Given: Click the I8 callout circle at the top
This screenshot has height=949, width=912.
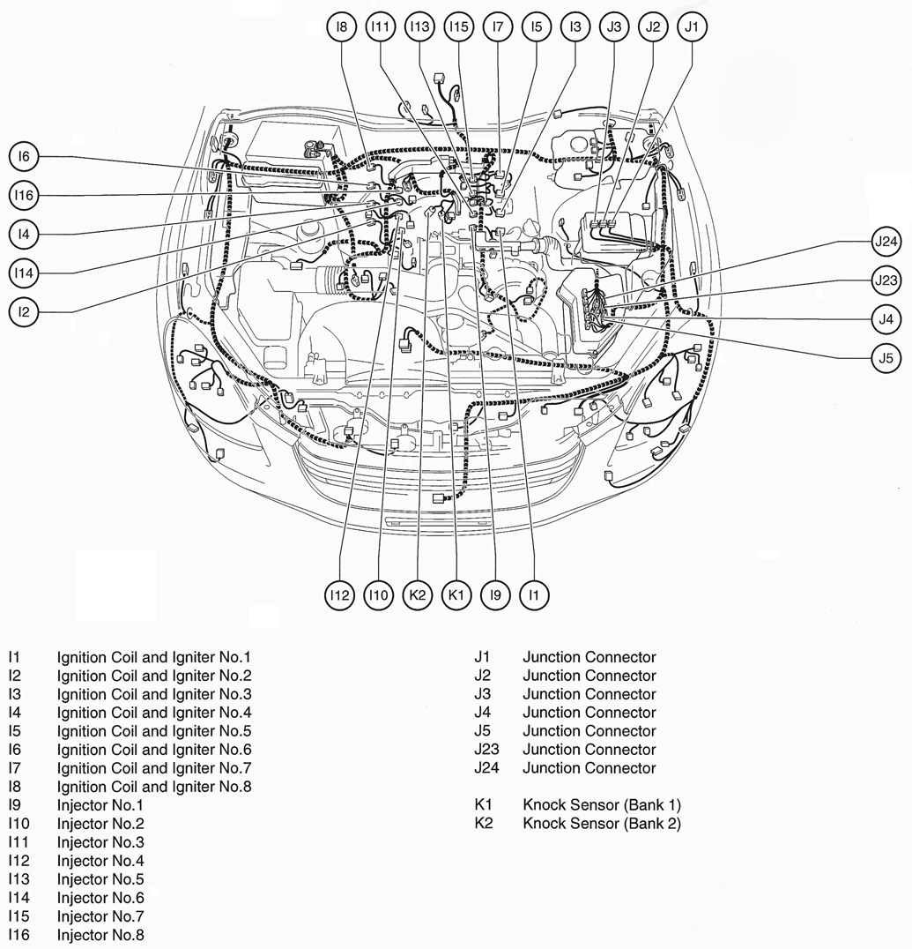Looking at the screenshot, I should coord(341,27).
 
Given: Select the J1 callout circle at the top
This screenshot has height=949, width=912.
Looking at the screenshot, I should coord(692,27).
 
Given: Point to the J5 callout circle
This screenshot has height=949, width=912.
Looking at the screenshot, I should coord(886,357).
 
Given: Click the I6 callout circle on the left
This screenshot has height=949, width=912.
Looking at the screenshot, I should coord(25,157).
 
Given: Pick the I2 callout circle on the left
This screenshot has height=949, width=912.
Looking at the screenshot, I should coord(25,311).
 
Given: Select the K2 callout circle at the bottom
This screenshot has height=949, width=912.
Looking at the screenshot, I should coord(418,595).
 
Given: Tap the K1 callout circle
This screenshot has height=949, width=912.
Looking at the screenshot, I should coord(456,595).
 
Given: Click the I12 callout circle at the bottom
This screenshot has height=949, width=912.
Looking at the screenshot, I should coord(340,595).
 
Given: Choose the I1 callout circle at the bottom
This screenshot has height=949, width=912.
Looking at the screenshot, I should coord(533,595).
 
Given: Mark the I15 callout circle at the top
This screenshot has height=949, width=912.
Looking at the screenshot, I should coord(457,27).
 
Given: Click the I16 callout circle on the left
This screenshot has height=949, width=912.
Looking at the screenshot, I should coord(25,195).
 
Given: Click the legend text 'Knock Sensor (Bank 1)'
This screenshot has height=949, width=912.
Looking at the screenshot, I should coord(601,805).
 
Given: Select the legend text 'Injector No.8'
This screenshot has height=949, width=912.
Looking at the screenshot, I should coord(100,935).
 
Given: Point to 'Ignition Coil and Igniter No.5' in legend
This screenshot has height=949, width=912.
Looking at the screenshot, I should coord(154,731).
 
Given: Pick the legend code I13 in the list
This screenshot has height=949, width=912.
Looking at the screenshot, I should coord(19,879).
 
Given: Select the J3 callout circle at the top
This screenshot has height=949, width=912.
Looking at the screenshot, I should coord(614,27).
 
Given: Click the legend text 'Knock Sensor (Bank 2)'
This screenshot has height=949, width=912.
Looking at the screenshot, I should coord(601,824).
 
